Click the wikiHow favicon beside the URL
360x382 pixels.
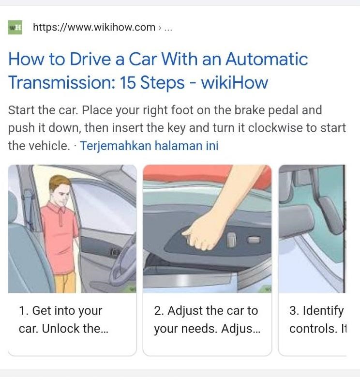15,28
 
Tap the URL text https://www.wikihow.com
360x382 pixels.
94,28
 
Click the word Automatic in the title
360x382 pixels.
266,59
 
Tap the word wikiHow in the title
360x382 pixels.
234,83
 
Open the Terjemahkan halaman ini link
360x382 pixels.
149,146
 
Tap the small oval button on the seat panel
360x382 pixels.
254,239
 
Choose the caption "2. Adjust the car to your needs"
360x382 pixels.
206,320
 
